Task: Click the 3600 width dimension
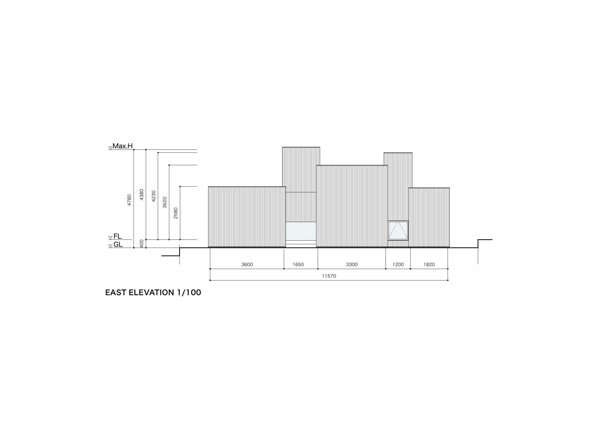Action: coord(247,264)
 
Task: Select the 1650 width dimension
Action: coord(298,264)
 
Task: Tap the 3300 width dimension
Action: coord(352,264)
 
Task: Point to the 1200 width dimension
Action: coord(398,264)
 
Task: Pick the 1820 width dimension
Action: coord(429,264)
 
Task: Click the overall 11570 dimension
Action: coord(329,276)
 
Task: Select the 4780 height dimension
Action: coord(129,200)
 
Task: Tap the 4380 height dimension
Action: coord(142,194)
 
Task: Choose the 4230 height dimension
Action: coord(154,196)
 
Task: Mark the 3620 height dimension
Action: coord(165,202)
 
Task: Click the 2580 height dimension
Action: coord(176,213)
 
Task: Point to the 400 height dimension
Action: coord(142,243)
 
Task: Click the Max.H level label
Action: coord(122,146)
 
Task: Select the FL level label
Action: coord(117,236)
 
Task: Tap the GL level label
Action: coord(118,244)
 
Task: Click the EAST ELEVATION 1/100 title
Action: coord(153,293)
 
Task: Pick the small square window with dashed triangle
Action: coord(398,230)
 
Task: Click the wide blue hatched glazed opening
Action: coord(301,231)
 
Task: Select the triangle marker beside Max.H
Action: coord(110,148)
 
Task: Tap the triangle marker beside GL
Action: coord(110,246)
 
